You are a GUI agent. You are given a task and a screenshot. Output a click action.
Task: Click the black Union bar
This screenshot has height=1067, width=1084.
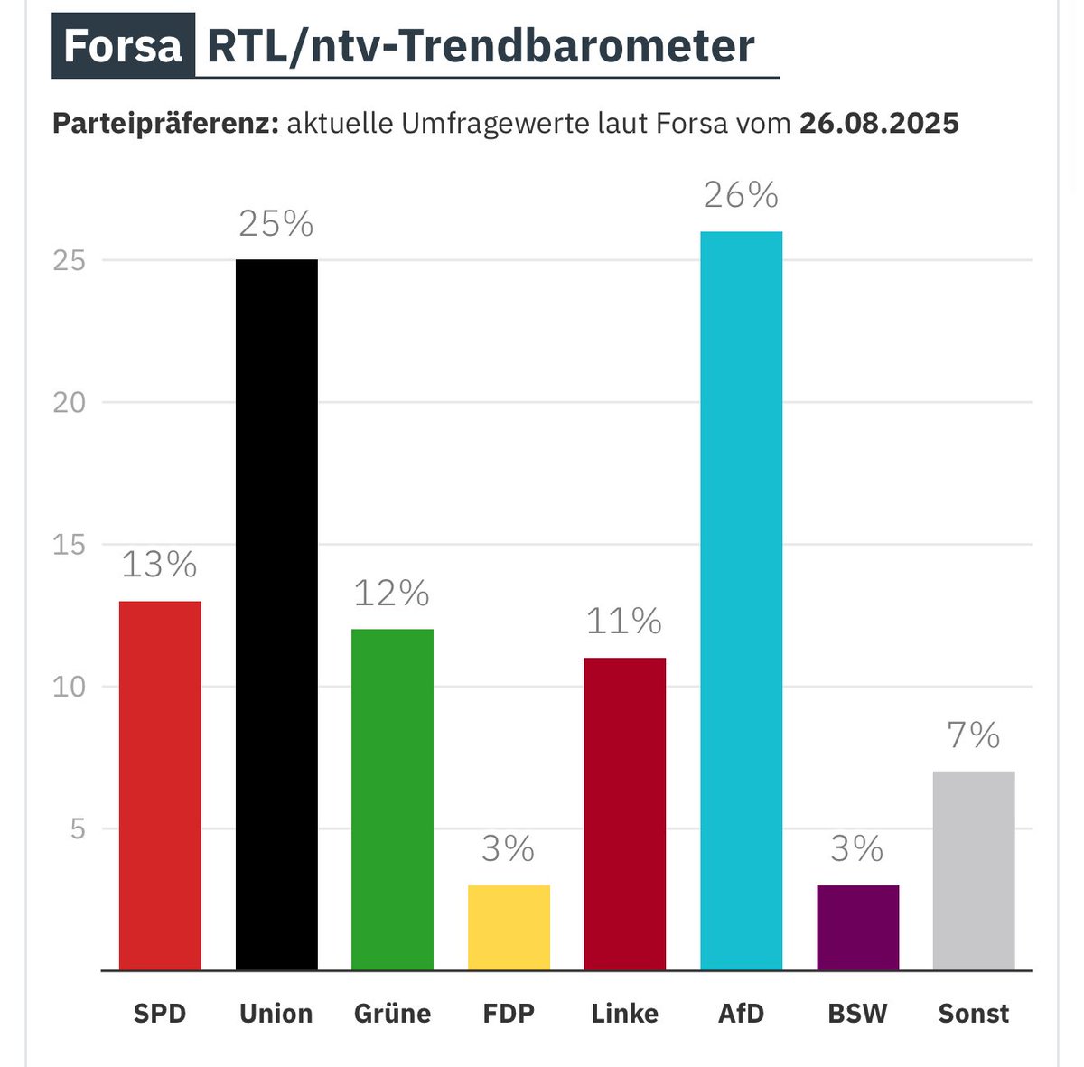[x=276, y=614]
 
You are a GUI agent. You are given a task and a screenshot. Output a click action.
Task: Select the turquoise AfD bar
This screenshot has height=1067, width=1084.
[x=741, y=601]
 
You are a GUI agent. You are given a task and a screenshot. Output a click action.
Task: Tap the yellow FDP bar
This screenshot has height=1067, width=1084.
[x=509, y=928]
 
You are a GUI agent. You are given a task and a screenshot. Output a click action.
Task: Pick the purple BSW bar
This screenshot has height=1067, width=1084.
[x=857, y=928]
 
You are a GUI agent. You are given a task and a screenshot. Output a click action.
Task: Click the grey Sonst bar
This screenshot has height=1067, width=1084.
[x=973, y=870]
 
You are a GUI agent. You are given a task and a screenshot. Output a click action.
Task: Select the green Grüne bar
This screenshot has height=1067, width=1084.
[x=392, y=800]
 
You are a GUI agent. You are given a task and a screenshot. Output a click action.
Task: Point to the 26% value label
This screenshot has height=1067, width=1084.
[x=741, y=195]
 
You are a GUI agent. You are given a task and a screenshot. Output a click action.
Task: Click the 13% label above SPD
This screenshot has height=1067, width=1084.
[x=159, y=566]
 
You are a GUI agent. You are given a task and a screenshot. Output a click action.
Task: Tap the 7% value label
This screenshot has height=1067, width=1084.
[x=973, y=736]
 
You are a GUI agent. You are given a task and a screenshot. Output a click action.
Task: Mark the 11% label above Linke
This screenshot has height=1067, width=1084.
[x=624, y=622]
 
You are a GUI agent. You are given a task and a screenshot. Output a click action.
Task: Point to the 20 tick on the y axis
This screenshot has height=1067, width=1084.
[x=70, y=403]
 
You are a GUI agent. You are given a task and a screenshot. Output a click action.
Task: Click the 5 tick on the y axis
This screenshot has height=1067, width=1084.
[x=79, y=829]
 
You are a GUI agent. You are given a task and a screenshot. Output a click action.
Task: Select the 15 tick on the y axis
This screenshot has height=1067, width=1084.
[x=70, y=545]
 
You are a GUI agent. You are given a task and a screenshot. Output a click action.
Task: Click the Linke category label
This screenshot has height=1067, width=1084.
[x=624, y=1014]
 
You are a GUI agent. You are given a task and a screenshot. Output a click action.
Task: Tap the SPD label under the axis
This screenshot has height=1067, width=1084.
[x=160, y=1014]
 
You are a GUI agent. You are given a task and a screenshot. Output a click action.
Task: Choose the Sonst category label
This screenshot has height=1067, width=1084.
[x=973, y=1014]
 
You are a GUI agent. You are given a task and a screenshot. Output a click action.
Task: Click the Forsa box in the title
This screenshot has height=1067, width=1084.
[x=124, y=46]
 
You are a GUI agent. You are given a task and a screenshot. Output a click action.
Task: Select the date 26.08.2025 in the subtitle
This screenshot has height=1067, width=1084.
[x=878, y=123]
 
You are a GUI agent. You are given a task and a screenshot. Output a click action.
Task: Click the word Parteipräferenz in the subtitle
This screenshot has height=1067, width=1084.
[x=164, y=124]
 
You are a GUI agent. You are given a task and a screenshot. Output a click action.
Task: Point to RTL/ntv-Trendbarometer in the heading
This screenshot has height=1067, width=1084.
[x=481, y=46]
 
